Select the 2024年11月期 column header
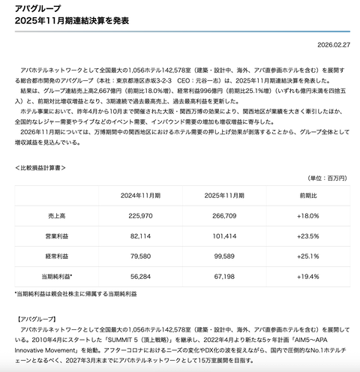[x=140, y=194]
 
